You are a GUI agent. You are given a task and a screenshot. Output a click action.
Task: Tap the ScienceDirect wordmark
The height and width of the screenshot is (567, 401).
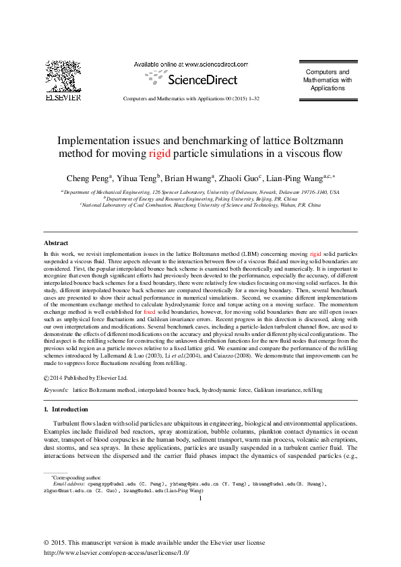(x=202, y=79)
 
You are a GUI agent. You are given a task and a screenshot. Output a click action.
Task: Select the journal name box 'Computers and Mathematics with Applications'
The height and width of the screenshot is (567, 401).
(x=328, y=79)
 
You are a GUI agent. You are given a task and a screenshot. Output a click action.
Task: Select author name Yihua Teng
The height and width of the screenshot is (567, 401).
(x=137, y=178)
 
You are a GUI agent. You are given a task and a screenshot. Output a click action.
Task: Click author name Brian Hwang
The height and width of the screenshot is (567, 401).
(x=190, y=178)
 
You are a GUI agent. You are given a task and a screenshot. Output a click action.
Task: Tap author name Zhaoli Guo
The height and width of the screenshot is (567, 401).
(x=243, y=178)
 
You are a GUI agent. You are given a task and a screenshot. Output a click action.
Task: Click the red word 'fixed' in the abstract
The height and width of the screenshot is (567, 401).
(x=149, y=313)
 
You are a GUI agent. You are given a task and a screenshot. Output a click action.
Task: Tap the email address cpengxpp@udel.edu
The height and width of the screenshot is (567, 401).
(x=107, y=483)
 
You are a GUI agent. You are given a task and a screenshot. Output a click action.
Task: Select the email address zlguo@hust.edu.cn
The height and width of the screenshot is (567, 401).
(x=72, y=492)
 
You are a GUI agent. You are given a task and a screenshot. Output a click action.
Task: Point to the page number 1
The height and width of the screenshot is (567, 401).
(x=200, y=499)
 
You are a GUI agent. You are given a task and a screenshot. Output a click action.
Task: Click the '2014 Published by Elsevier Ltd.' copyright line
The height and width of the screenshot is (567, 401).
(x=94, y=377)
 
